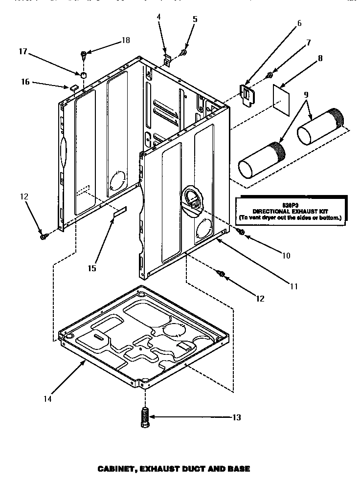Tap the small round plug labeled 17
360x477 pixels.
coord(84,75)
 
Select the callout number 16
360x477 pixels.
coord(25,82)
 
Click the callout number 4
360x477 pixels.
coord(158,17)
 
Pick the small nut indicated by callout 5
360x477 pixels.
coord(184,52)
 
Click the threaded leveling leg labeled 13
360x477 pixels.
coord(145,417)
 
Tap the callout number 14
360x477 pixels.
coord(47,399)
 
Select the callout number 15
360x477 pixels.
coord(92,268)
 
